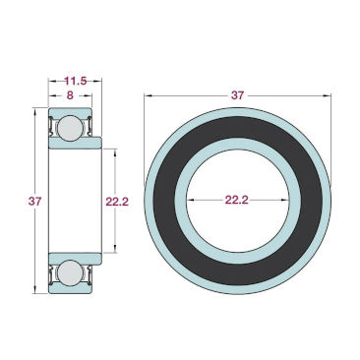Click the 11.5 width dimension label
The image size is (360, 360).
(76, 81)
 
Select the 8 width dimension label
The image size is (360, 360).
(70, 95)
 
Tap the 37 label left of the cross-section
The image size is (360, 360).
(34, 201)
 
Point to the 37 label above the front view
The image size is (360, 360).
(237, 95)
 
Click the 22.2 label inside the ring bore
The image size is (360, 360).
(237, 200)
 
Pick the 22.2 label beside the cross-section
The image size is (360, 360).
(117, 202)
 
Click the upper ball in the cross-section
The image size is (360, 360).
(70, 128)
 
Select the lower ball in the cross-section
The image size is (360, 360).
(70, 272)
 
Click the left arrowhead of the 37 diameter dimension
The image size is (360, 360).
(149, 95)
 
